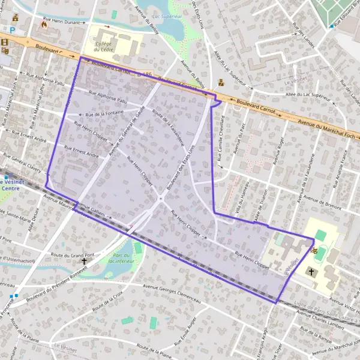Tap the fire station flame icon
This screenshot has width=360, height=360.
43,25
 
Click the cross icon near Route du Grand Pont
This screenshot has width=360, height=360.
84,261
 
